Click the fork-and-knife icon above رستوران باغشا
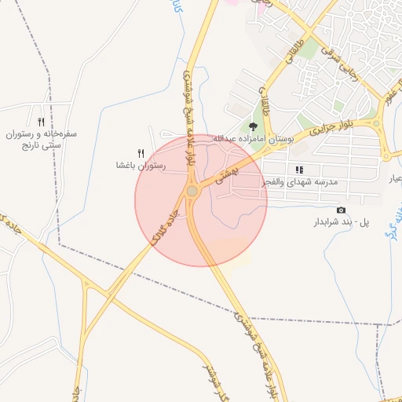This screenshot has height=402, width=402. [x=141, y=153]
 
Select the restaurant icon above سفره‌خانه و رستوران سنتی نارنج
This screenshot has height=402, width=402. [x=39, y=121]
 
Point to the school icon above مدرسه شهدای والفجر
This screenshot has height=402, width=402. [x=299, y=170]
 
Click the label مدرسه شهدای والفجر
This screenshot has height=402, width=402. [x=299, y=181]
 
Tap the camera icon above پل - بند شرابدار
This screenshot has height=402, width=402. [x=341, y=210]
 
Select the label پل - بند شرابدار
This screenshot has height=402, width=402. [x=342, y=222]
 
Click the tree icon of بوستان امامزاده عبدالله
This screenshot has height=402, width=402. [x=253, y=126]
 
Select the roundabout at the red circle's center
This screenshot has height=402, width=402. [x=192, y=191]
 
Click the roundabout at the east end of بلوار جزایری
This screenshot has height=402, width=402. [x=378, y=124]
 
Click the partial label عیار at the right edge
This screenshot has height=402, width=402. [x=395, y=181]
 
